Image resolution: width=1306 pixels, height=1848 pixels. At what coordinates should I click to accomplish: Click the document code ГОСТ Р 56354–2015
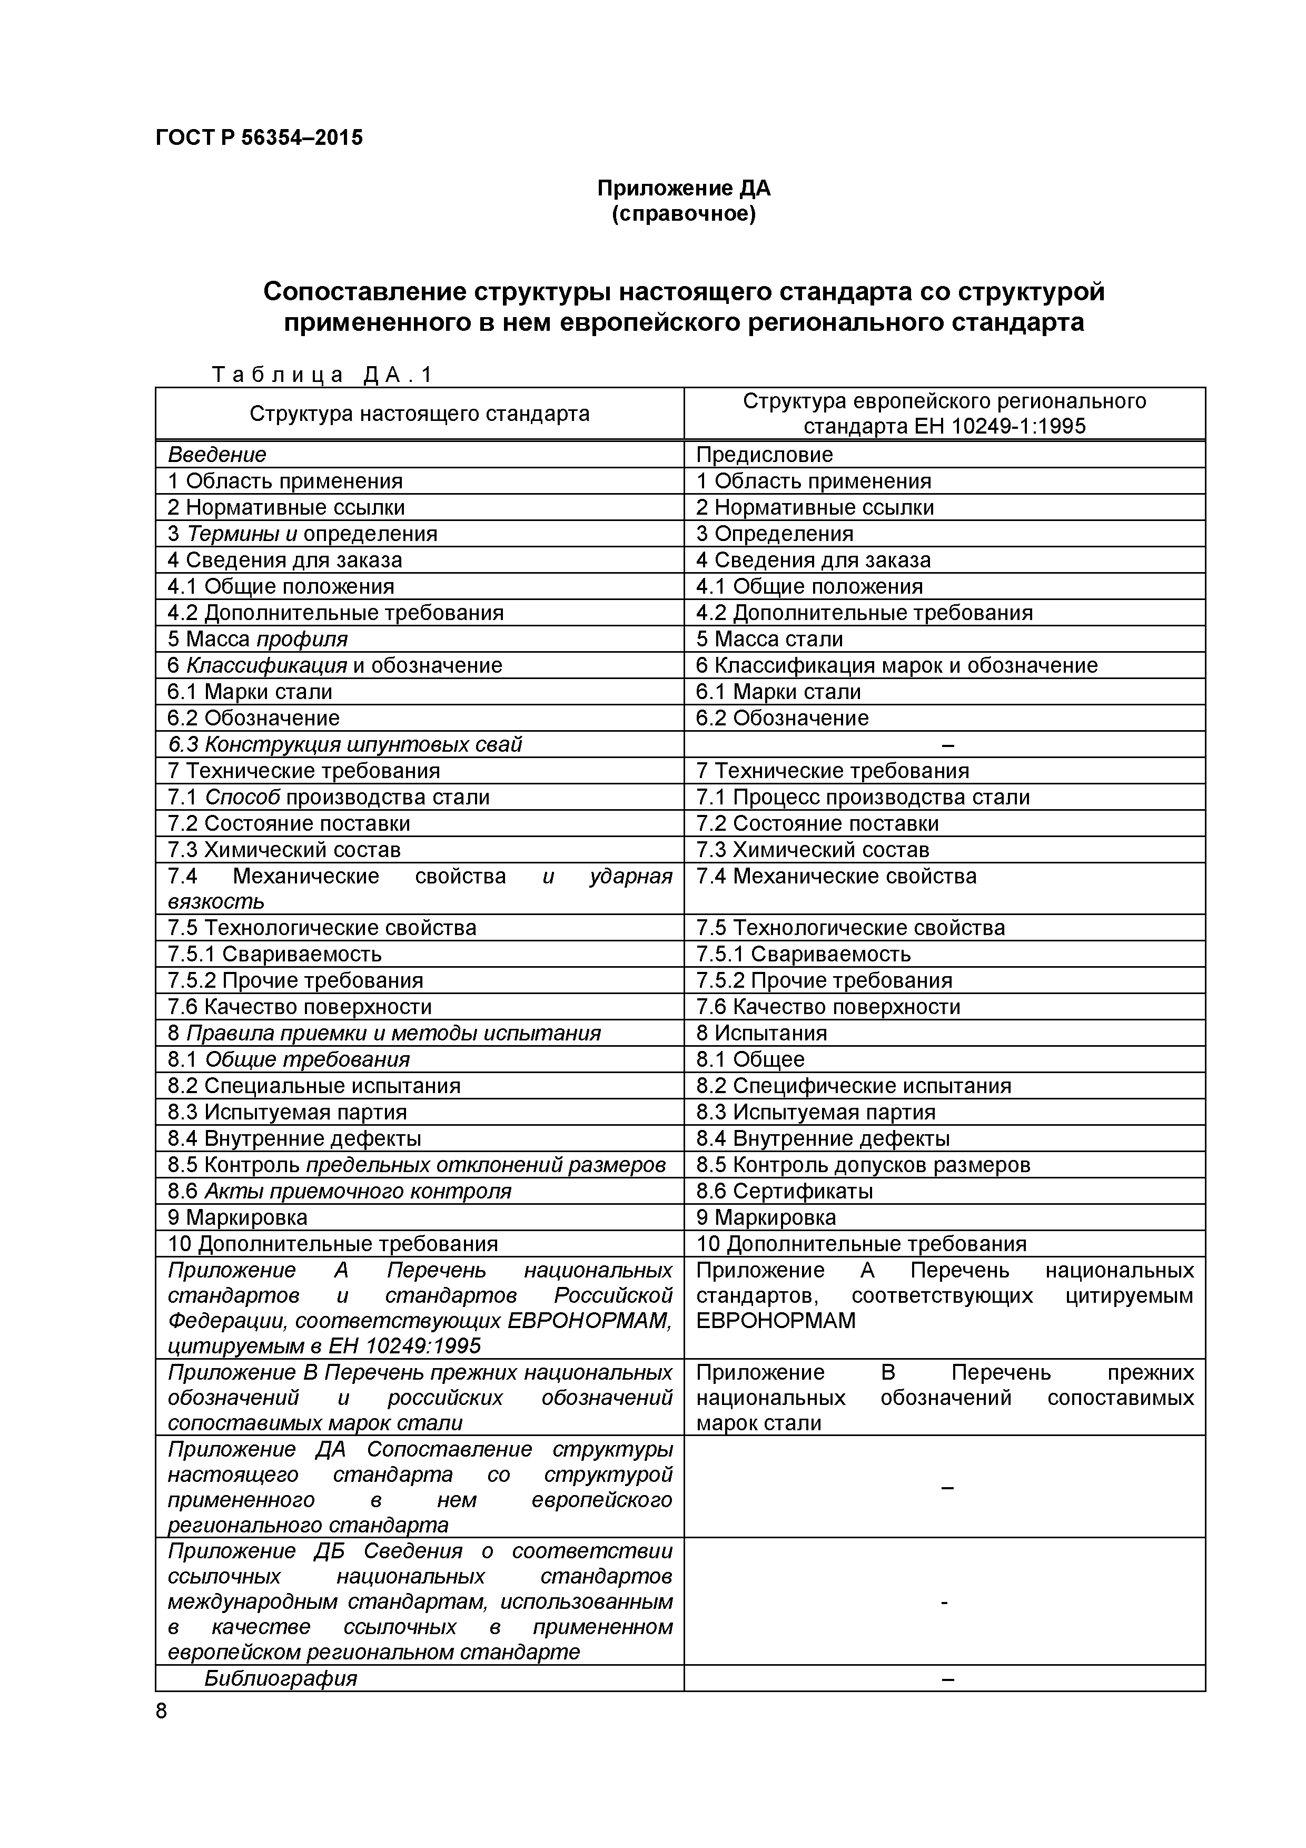tap(258, 137)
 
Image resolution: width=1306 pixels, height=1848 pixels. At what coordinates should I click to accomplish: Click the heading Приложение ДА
tap(683, 189)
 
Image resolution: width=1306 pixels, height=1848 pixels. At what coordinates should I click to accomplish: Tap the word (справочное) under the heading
tap(683, 215)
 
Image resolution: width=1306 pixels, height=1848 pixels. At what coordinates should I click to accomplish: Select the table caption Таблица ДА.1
tap(322, 374)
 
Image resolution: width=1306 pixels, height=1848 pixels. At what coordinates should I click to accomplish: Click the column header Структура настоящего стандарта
tap(419, 414)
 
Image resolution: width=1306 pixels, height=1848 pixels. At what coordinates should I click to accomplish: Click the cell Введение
tap(216, 455)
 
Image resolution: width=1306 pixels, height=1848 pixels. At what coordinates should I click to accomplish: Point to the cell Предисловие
tap(764, 455)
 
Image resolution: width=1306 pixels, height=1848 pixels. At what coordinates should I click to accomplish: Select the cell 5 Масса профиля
tap(258, 639)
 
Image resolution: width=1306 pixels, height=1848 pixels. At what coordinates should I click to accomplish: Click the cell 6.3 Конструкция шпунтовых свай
tap(344, 744)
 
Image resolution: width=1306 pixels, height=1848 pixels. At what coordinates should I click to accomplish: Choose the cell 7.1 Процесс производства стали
tap(863, 797)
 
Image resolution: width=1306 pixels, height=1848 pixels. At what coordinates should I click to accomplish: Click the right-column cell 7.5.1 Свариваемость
tap(803, 954)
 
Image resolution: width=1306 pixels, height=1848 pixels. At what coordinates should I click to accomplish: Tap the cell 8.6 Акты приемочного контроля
tap(339, 1191)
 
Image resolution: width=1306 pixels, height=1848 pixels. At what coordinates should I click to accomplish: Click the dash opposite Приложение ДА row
tap(947, 1488)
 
